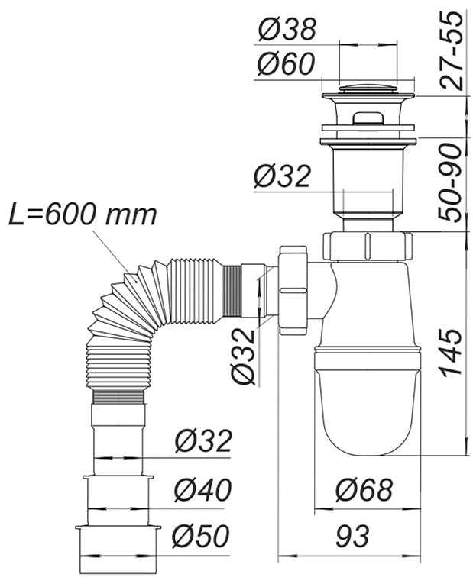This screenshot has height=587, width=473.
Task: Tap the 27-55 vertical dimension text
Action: [x=452, y=50]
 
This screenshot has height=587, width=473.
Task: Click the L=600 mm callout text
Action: [x=83, y=214]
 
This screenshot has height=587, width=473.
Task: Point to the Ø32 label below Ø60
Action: [x=282, y=176]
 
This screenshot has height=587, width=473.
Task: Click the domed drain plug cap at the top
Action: [x=368, y=92]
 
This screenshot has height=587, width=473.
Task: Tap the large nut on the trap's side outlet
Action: [x=294, y=290]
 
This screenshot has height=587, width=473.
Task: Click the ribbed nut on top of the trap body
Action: [x=368, y=246]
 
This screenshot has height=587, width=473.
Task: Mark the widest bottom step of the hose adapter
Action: [x=118, y=541]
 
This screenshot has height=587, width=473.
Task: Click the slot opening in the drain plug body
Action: [x=368, y=118]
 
